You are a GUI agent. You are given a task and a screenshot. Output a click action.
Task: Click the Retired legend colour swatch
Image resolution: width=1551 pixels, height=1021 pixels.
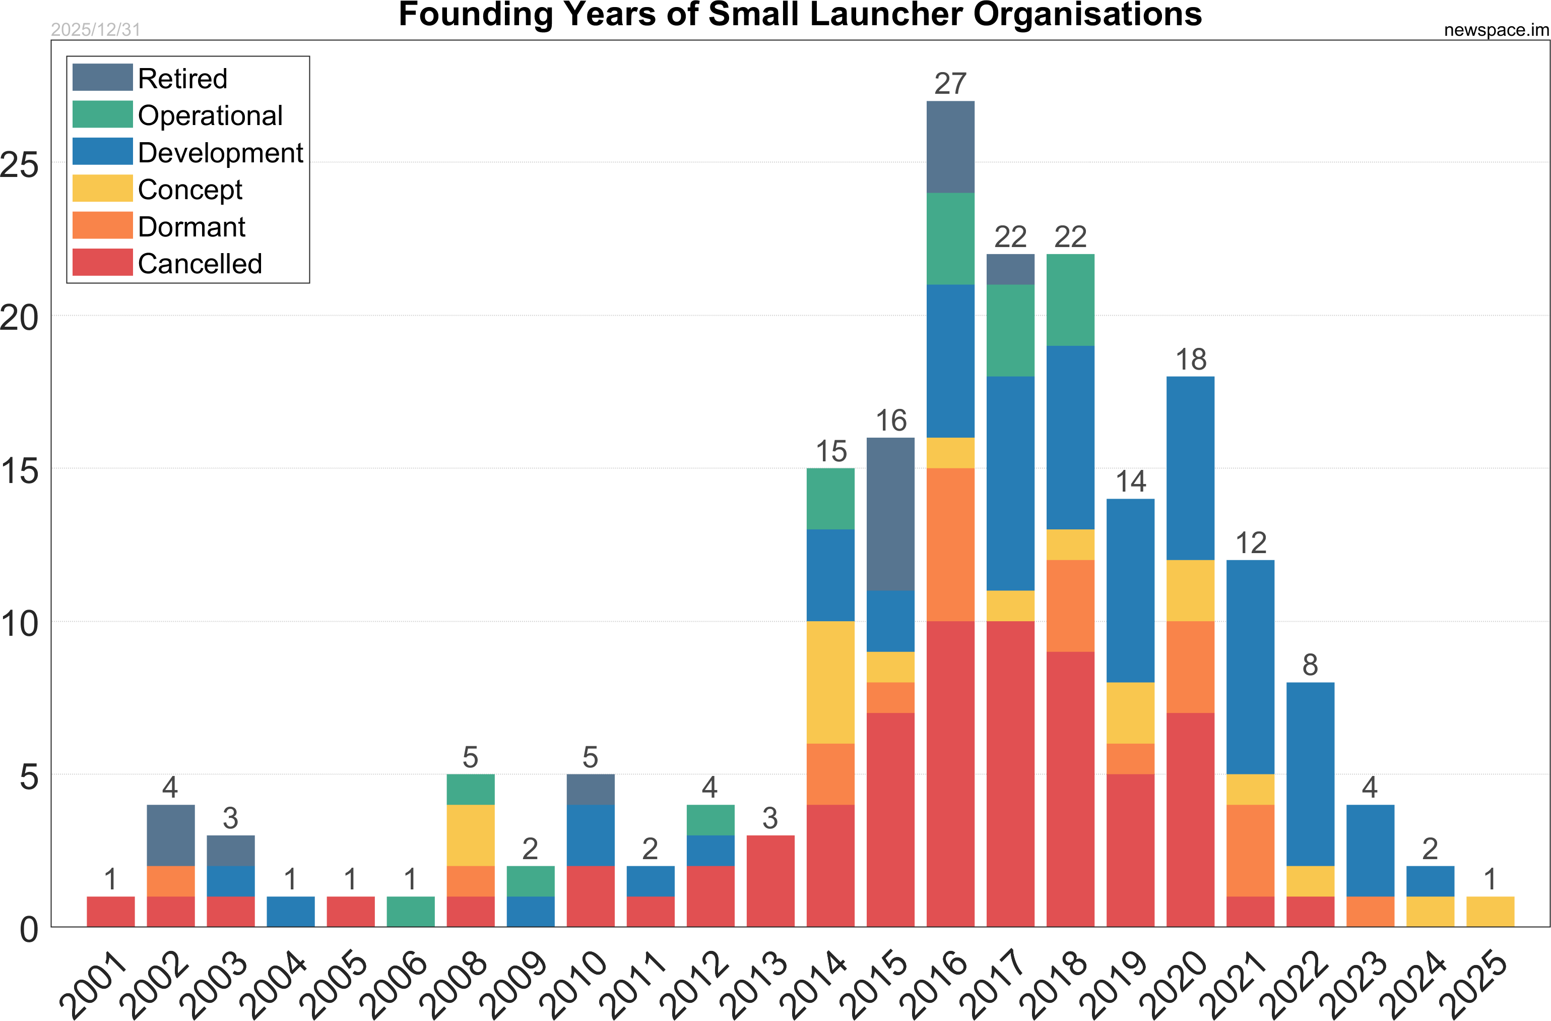(102, 78)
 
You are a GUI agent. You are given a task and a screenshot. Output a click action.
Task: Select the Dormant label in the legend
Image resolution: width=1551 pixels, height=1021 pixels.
(191, 227)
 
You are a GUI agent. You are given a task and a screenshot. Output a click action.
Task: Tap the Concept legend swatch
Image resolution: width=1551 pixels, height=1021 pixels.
(102, 189)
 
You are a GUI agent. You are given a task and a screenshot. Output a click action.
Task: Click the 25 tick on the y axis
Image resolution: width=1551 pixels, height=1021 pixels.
(20, 164)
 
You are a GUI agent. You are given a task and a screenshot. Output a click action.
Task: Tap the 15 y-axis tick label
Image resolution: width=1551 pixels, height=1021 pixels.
(20, 471)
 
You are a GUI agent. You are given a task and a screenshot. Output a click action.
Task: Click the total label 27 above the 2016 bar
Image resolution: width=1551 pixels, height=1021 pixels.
(950, 84)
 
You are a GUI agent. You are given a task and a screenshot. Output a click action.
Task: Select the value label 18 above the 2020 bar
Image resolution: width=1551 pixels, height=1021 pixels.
(1191, 359)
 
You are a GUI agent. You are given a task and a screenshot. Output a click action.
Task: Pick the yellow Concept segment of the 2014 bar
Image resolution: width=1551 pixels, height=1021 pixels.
(830, 682)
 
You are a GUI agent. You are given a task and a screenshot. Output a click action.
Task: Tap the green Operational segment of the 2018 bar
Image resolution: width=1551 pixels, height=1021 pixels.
(1070, 300)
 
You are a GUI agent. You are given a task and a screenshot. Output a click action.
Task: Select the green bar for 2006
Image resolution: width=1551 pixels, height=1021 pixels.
(411, 912)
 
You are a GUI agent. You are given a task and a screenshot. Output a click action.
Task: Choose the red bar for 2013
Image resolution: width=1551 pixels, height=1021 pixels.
(770, 881)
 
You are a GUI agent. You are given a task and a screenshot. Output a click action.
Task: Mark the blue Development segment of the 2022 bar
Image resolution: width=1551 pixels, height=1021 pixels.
(1310, 774)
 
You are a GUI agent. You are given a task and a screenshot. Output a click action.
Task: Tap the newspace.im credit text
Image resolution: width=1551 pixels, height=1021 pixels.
(1496, 30)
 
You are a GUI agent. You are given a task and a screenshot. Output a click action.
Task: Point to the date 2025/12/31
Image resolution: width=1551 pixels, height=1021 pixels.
(96, 30)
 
